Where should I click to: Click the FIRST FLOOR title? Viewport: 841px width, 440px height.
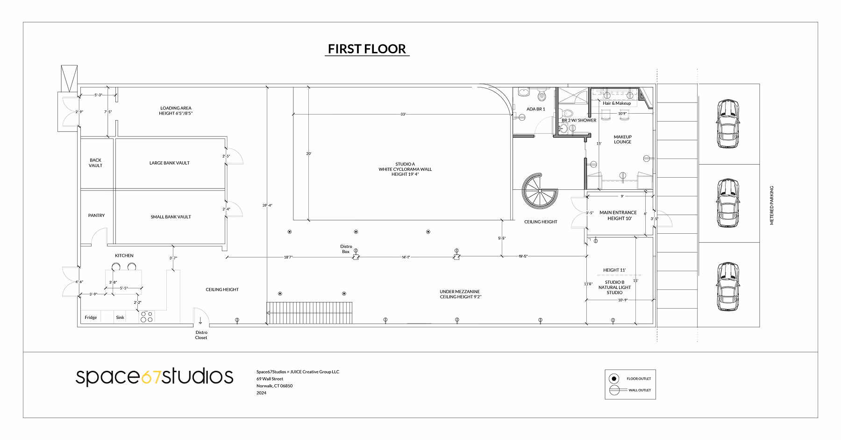(x=367, y=49)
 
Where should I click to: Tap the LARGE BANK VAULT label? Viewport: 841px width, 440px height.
(x=170, y=163)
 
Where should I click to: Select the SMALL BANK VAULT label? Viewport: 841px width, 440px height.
(x=171, y=217)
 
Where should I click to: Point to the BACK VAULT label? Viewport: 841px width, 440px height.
(x=95, y=163)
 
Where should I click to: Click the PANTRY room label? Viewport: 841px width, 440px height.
(x=96, y=216)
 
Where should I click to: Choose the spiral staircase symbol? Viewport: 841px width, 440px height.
(x=540, y=191)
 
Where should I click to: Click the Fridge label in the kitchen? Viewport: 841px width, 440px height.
(x=91, y=317)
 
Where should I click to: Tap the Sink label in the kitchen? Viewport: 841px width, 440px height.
(x=120, y=317)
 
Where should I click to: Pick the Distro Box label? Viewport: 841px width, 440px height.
(x=346, y=249)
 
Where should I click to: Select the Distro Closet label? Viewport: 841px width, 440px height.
(x=201, y=335)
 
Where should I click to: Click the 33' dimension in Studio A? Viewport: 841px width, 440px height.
(x=403, y=114)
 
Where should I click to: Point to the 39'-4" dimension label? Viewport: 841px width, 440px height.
(x=267, y=205)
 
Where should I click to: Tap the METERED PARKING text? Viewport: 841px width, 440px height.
(x=771, y=205)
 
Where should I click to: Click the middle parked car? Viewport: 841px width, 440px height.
(x=728, y=203)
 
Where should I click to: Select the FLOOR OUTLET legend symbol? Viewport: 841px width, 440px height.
(x=614, y=379)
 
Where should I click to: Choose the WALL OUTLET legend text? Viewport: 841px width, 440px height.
(x=640, y=390)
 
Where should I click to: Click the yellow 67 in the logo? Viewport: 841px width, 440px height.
(x=151, y=377)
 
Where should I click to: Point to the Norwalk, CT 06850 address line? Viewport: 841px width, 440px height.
(x=274, y=386)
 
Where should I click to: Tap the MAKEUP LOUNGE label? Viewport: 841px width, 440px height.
(x=622, y=139)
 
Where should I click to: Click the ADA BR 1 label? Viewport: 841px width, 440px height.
(x=535, y=109)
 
